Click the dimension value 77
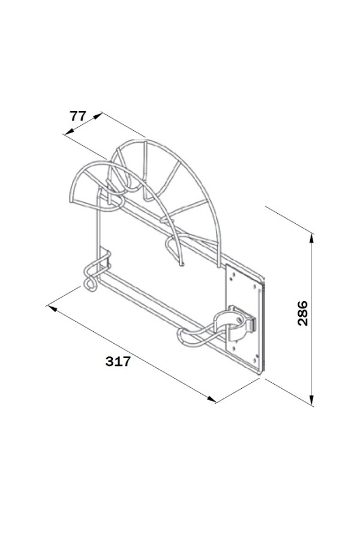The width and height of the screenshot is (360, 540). pyautogui.click(x=78, y=116)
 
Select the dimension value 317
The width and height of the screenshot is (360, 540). pyautogui.click(x=118, y=361)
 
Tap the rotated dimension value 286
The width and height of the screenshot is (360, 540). pyautogui.click(x=302, y=313)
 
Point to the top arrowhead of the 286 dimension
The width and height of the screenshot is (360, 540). pyautogui.click(x=311, y=238)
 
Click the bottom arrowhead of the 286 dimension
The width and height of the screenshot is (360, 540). pyautogui.click(x=311, y=400)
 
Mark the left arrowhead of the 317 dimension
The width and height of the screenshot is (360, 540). pyautogui.click(x=52, y=307)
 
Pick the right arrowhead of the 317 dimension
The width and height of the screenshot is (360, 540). pyautogui.click(x=211, y=399)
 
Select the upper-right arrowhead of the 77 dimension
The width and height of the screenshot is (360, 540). pyautogui.click(x=97, y=116)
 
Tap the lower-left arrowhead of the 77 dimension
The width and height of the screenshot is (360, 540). pyautogui.click(x=69, y=131)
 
